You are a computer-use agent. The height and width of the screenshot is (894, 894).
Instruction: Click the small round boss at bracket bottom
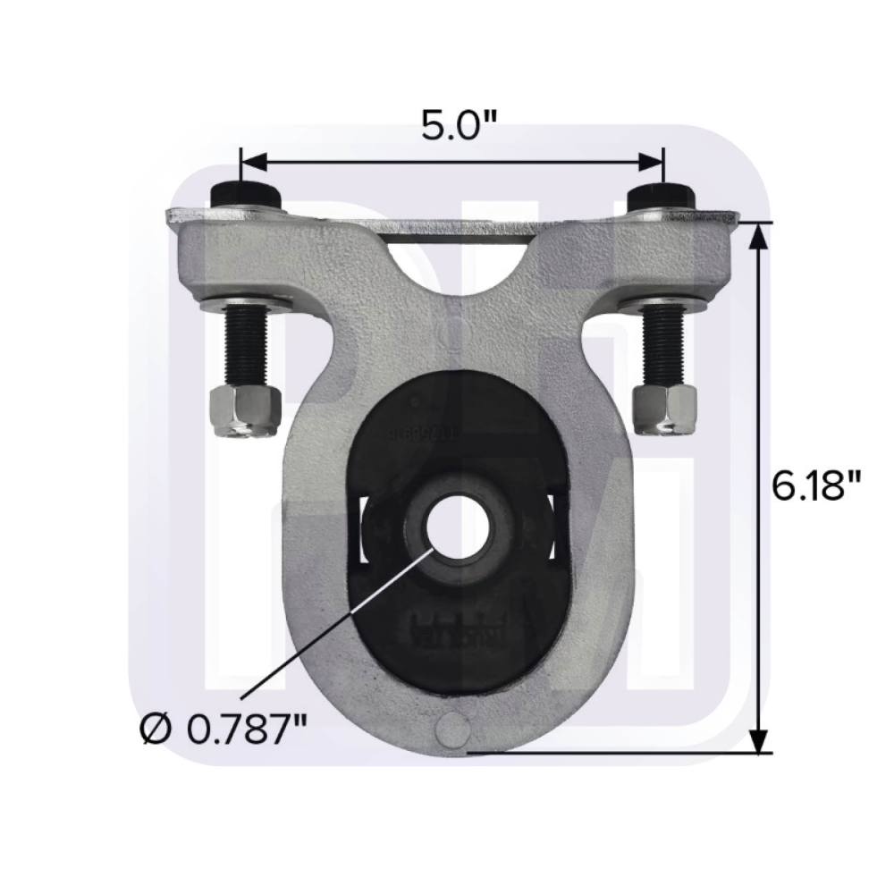point(454,729)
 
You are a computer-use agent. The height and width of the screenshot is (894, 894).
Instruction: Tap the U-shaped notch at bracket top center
point(456,264)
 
